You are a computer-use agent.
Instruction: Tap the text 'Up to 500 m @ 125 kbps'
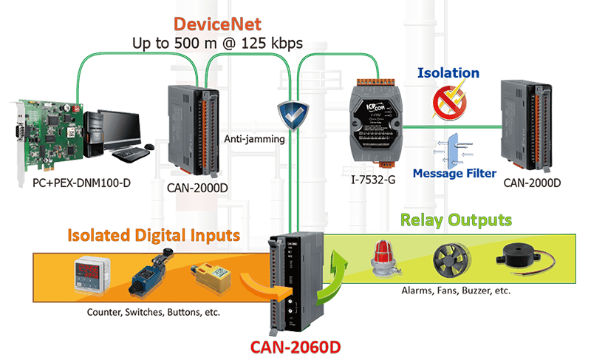tap(218, 44)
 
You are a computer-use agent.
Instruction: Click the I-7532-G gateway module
tap(377, 126)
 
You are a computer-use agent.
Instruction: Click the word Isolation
tap(448, 73)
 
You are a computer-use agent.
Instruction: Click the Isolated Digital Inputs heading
tap(154, 236)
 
